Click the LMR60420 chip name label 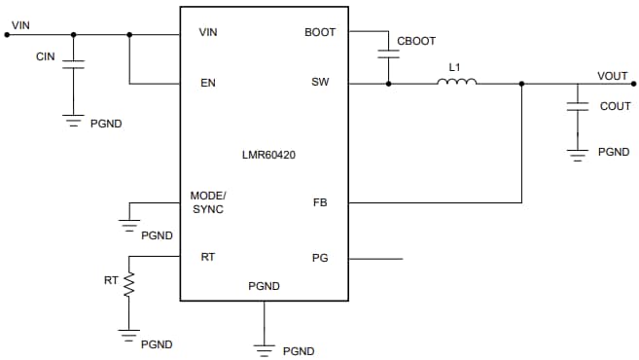pyautogui.click(x=264, y=154)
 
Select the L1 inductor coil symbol pyautogui.click(x=455, y=83)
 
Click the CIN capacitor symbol pyautogui.click(x=74, y=65)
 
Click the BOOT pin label pyautogui.click(x=319, y=32)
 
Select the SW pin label pyautogui.click(x=319, y=83)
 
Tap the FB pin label pyautogui.click(x=319, y=203)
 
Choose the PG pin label pyautogui.click(x=319, y=259)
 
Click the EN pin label pyautogui.click(x=207, y=83)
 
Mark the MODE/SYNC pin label pyautogui.click(x=207, y=202)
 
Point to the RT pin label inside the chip pyautogui.click(x=207, y=258)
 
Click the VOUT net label pyautogui.click(x=612, y=76)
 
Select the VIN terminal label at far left pyautogui.click(x=20, y=24)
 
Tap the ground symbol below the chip pyautogui.click(x=264, y=345)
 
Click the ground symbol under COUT pyautogui.click(x=579, y=152)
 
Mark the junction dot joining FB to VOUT pyautogui.click(x=522, y=84)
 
